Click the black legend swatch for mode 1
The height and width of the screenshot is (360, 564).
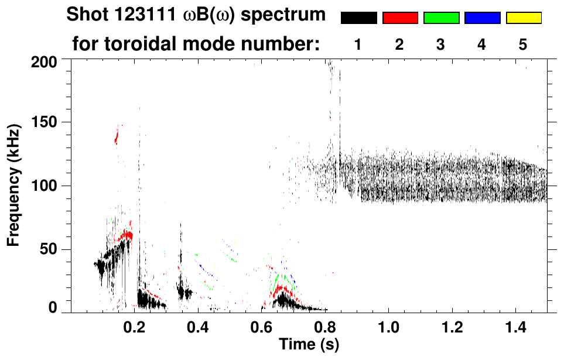click(x=358, y=18)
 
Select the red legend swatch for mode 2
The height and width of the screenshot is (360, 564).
click(x=400, y=18)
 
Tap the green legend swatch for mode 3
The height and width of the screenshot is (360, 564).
click(x=441, y=18)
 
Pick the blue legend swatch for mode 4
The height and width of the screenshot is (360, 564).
click(x=482, y=18)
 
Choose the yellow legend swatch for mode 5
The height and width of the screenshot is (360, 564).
click(x=523, y=18)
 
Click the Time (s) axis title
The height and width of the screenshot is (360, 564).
click(x=309, y=344)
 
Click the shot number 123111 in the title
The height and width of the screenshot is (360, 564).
click(x=141, y=15)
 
